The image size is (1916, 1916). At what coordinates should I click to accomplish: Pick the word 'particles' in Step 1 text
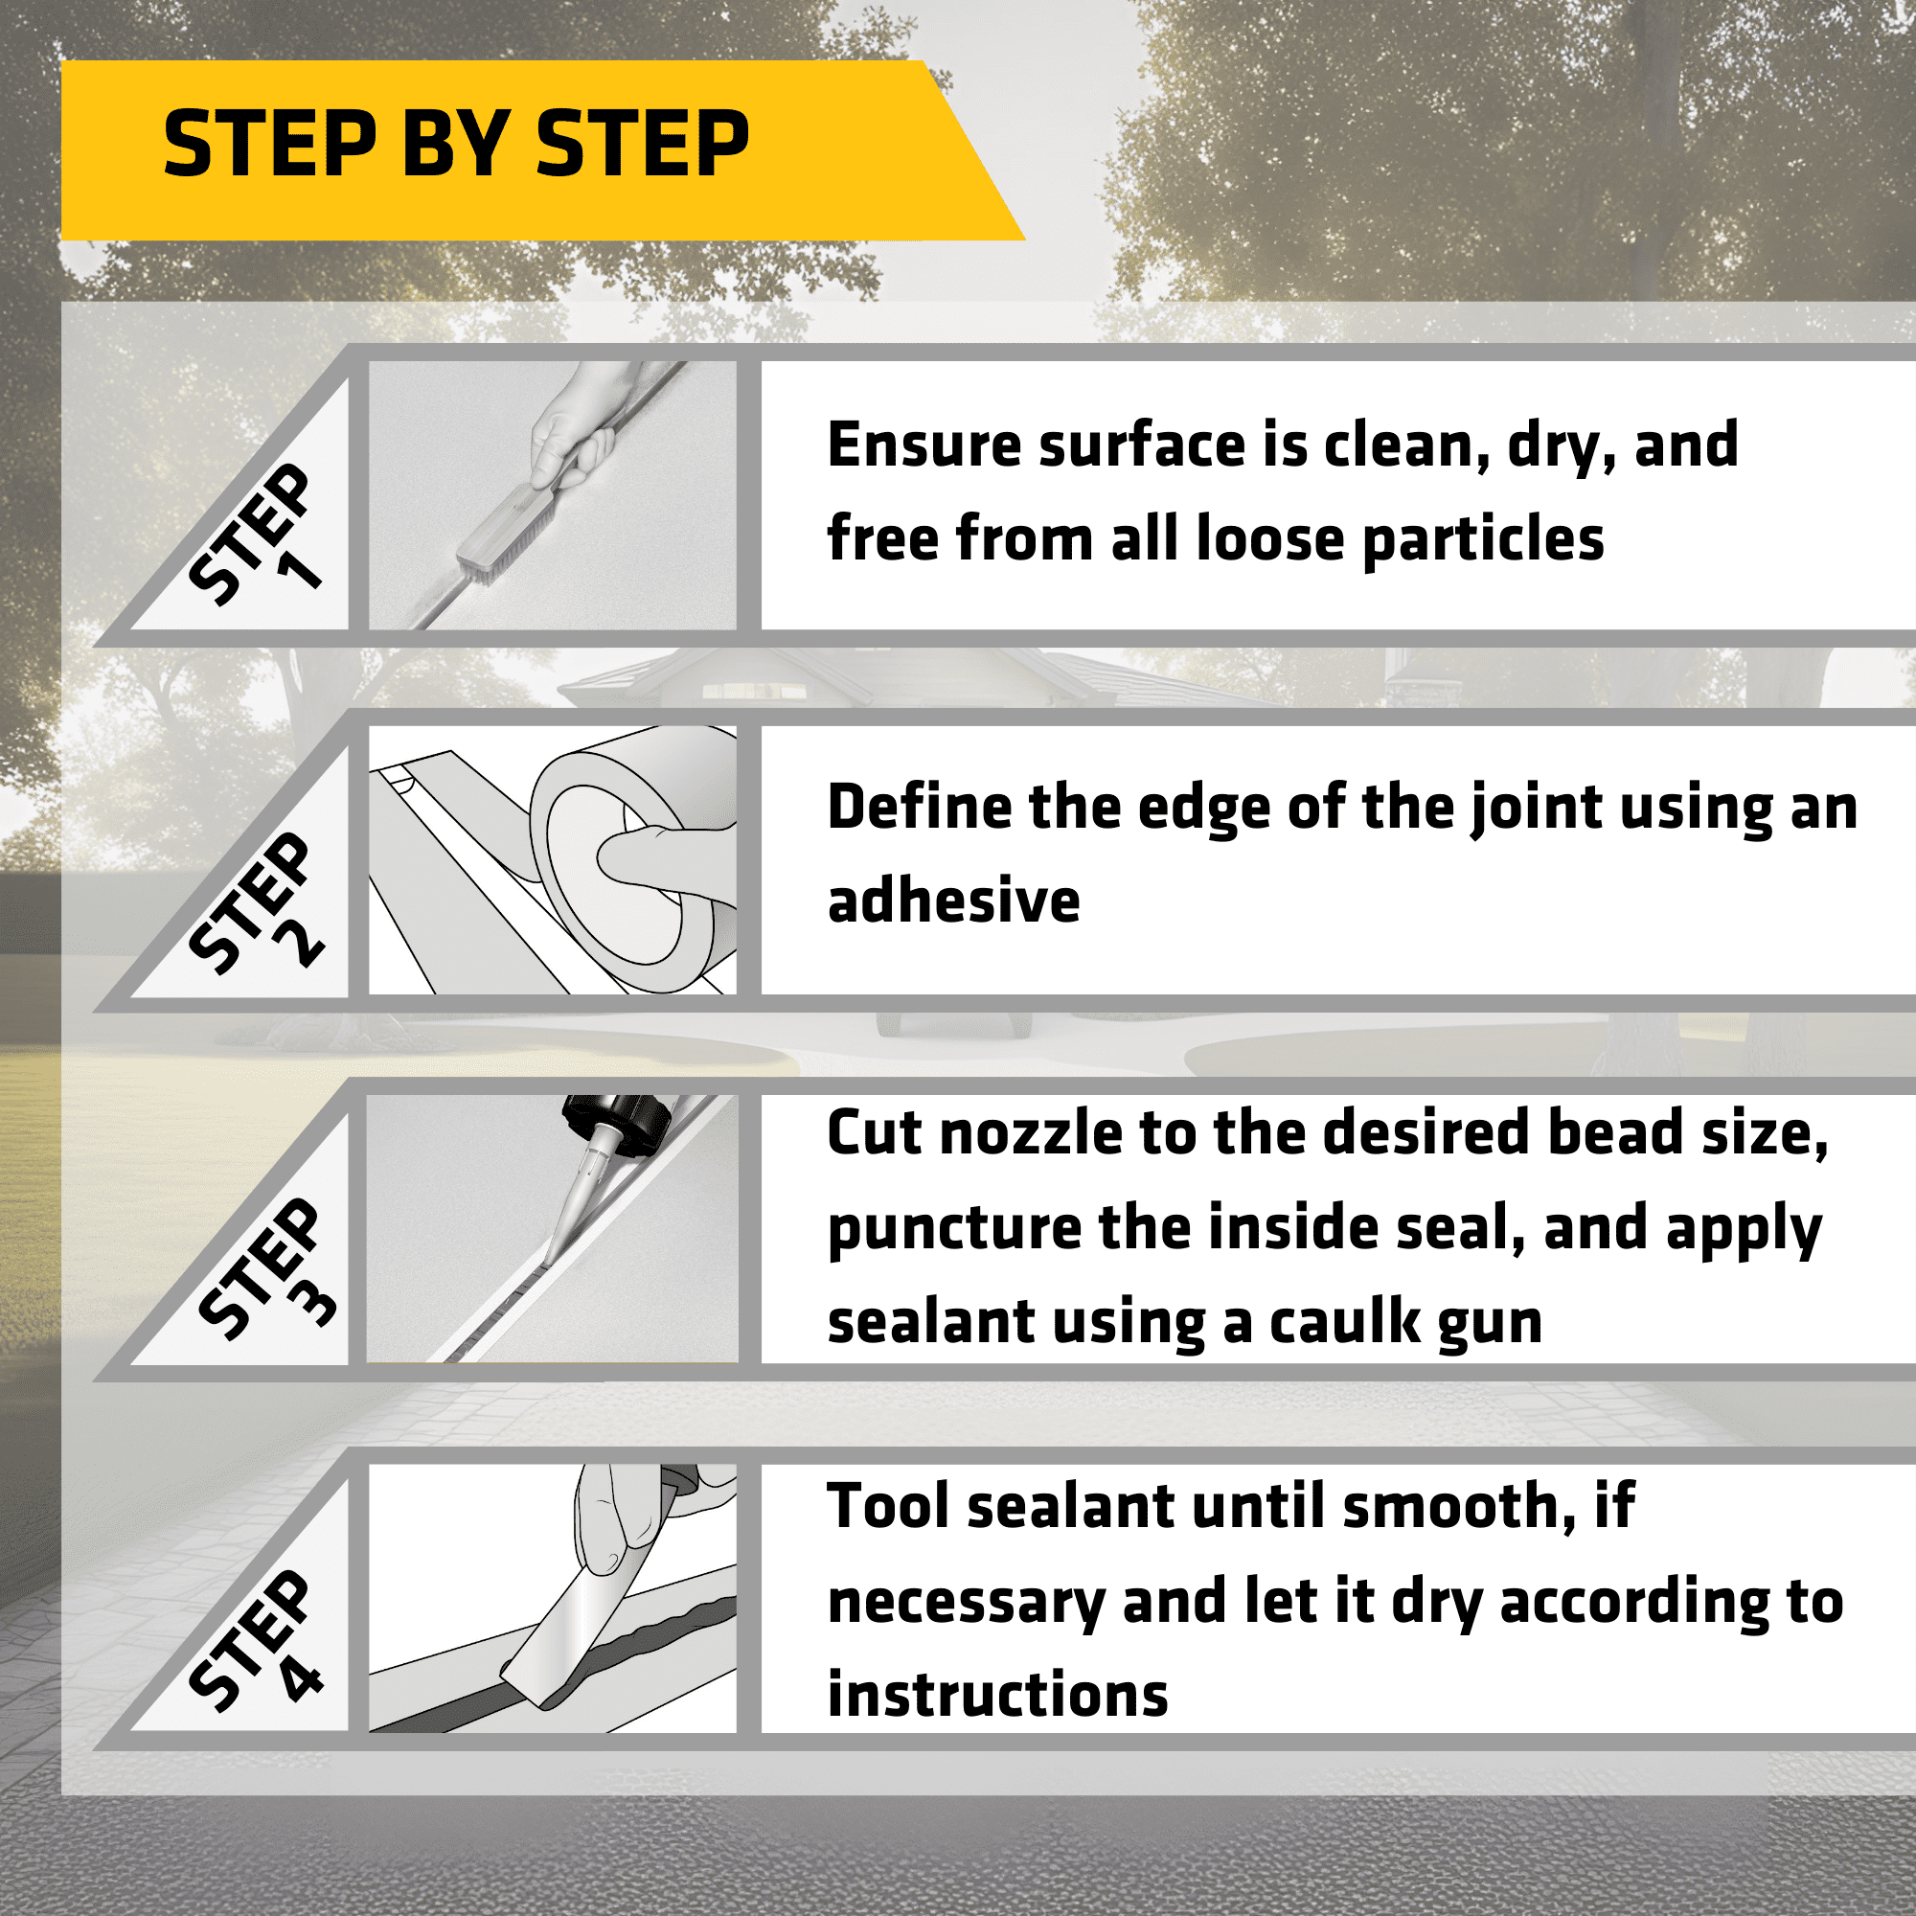[x=1483, y=541]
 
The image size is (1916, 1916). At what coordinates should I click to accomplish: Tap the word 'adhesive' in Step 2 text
[x=954, y=901]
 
